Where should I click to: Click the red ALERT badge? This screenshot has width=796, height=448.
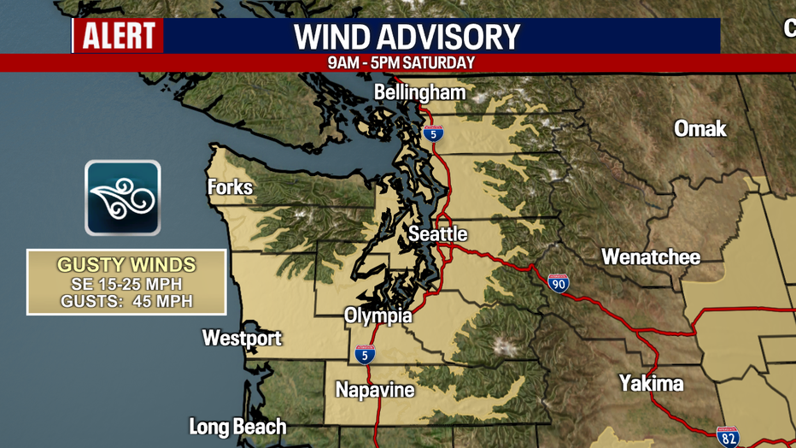tap(118, 36)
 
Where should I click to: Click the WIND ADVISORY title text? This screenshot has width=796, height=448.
tap(407, 37)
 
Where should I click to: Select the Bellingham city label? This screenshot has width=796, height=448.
tap(420, 92)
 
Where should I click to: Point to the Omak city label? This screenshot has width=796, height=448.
tap(699, 128)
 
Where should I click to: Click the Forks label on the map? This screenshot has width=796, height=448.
tap(230, 187)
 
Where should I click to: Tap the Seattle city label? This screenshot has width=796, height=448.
tap(437, 233)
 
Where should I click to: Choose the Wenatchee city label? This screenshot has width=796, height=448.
tap(650, 256)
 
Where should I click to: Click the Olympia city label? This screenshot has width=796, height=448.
tap(378, 316)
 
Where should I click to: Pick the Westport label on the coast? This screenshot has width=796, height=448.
tap(242, 338)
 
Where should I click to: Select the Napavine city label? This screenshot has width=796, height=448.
tap(374, 390)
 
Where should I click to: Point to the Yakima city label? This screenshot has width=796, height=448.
tap(652, 382)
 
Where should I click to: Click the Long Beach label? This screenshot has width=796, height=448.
tap(237, 426)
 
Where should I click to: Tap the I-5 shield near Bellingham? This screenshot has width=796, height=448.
tap(433, 133)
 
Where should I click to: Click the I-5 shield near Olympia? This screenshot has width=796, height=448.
tap(365, 353)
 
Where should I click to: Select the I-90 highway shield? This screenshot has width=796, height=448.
tap(559, 284)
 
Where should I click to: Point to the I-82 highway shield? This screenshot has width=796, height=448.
tap(728, 437)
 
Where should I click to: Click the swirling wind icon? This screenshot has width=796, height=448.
tap(122, 197)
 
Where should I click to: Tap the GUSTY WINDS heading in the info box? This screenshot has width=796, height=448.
tap(126, 265)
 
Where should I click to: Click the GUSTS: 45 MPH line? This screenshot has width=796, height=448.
tap(126, 301)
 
